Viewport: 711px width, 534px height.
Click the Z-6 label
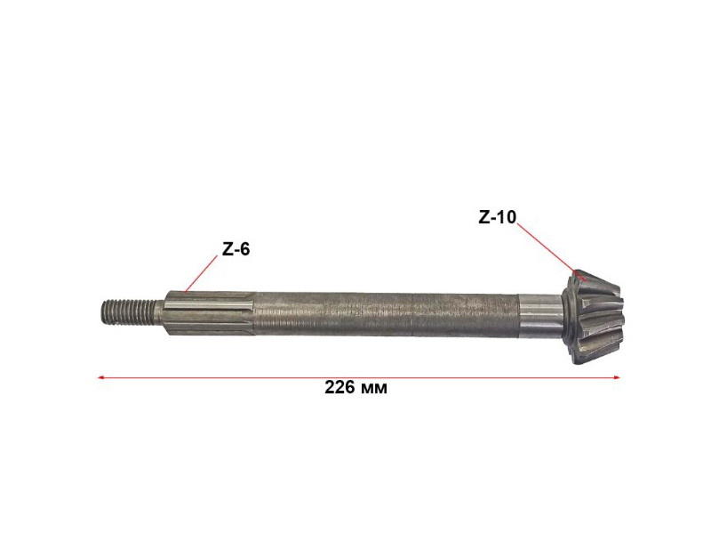tap(236, 249)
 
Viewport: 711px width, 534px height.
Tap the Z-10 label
tap(498, 217)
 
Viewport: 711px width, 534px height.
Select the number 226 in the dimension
tap(340, 387)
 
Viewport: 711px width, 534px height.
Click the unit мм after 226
tap(374, 389)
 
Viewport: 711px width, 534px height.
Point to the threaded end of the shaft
tap(130, 311)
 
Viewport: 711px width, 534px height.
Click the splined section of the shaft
tap(210, 313)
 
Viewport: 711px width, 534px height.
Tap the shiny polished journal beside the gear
tap(540, 317)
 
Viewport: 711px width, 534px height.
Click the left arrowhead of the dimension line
tap(101, 377)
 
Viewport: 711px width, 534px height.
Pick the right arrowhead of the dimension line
tap(616, 377)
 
